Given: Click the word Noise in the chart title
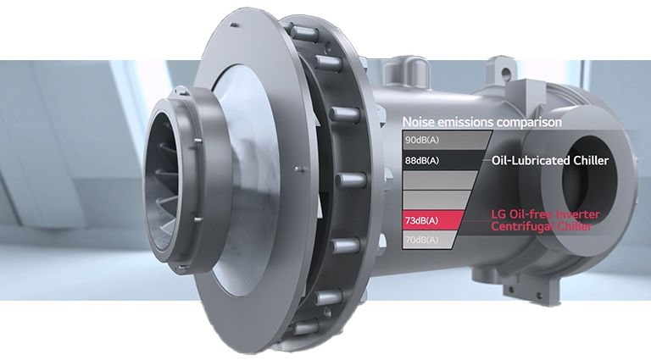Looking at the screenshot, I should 420,122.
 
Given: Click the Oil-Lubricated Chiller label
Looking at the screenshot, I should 550,160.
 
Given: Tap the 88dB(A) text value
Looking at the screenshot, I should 422,160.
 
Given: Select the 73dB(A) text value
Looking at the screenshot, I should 422,220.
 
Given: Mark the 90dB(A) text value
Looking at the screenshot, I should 422,140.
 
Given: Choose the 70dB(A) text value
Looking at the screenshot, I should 422,240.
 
